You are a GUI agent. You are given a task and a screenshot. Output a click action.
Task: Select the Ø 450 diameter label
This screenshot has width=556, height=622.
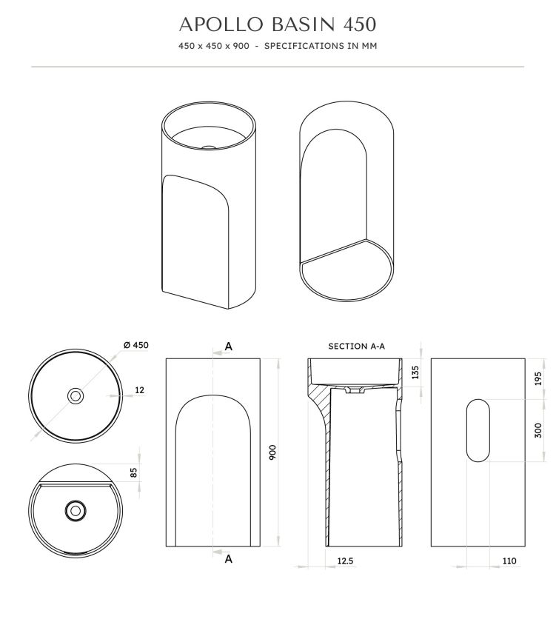(x=135, y=344)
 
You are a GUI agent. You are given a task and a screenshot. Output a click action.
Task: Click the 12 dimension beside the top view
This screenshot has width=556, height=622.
(x=140, y=389)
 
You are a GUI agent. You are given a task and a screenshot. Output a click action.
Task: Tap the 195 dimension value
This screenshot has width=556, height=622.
(x=538, y=378)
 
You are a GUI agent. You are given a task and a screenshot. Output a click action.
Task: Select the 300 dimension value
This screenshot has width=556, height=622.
(x=538, y=431)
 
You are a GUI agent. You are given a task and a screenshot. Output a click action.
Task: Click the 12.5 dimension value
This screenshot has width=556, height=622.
(x=345, y=561)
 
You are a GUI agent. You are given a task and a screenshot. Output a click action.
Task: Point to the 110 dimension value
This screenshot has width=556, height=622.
(x=509, y=561)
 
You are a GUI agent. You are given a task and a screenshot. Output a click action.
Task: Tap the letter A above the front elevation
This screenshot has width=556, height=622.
(x=229, y=346)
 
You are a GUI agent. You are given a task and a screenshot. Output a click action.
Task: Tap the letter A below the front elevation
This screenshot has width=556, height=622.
(x=229, y=559)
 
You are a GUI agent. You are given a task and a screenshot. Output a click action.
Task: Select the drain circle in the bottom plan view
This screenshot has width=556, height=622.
(x=74, y=509)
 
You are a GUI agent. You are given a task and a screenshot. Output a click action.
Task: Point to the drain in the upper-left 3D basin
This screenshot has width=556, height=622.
(x=210, y=147)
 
